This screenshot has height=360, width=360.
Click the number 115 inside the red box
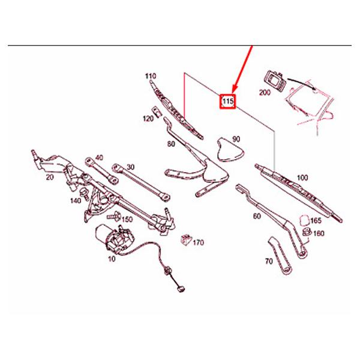(x=227, y=101)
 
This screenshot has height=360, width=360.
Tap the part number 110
(x=151, y=76)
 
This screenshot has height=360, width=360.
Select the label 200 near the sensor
(x=265, y=92)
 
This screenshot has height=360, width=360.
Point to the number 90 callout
(x=236, y=139)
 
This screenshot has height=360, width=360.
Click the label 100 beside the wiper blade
(x=302, y=178)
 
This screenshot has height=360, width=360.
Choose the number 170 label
(x=198, y=242)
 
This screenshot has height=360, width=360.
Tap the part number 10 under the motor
(x=112, y=259)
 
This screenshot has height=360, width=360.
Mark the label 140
(x=76, y=200)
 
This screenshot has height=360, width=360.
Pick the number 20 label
(x=50, y=177)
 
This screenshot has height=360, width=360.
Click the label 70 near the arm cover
(x=269, y=261)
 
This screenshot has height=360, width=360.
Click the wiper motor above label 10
(x=114, y=239)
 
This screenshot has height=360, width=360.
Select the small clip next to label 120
(x=157, y=112)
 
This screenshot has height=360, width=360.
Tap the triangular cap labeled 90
(x=230, y=149)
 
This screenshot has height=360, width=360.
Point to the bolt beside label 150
(x=114, y=216)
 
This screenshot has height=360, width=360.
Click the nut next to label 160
(x=307, y=232)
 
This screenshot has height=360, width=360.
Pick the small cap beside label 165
(x=304, y=221)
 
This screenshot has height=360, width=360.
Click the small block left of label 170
(x=186, y=240)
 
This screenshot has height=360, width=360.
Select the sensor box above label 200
(x=275, y=80)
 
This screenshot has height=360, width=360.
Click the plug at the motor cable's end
(x=181, y=289)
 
